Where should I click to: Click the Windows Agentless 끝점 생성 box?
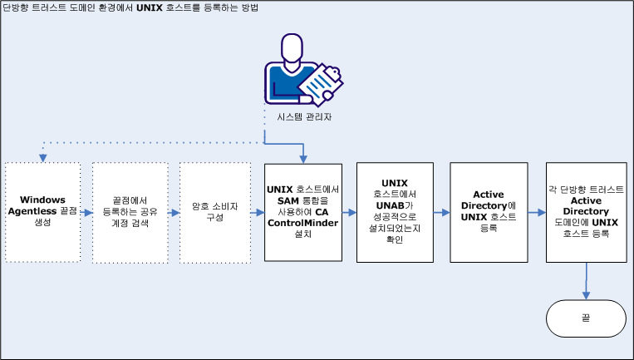[42, 212]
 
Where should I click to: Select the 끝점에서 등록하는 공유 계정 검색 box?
[129, 212]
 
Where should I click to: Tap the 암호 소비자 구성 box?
[214, 212]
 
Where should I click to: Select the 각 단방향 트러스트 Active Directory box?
[587, 212]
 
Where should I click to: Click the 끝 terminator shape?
[586, 318]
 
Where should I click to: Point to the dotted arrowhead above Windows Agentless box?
[42, 156]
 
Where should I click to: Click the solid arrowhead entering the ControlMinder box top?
[304, 156]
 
